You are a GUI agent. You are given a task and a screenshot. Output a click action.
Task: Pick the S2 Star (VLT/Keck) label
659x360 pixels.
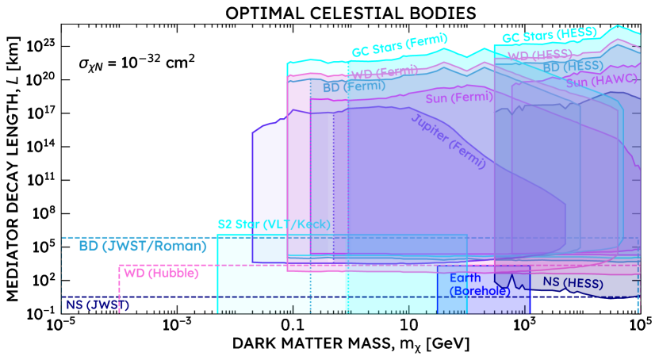274,224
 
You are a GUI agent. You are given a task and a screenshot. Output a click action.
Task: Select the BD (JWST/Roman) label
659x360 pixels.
143,246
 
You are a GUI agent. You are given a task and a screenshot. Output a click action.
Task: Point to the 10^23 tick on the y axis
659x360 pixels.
39,46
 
